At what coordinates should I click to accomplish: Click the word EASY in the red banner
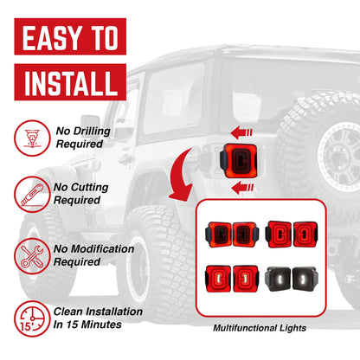47,40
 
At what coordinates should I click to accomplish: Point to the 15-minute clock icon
30,317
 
